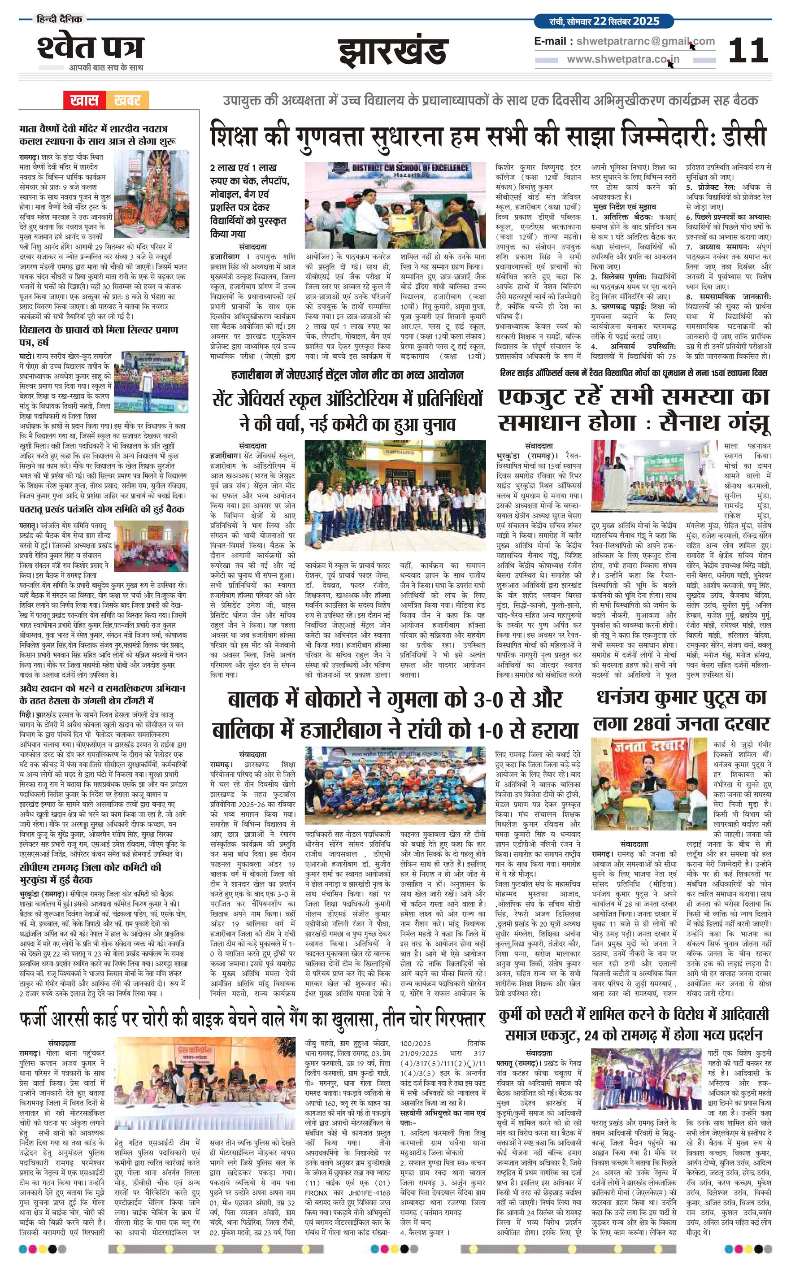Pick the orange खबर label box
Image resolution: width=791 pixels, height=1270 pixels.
click(127, 100)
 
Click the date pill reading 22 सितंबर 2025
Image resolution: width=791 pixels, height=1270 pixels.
click(604, 22)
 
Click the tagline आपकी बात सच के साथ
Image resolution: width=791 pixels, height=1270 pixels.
click(106, 67)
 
